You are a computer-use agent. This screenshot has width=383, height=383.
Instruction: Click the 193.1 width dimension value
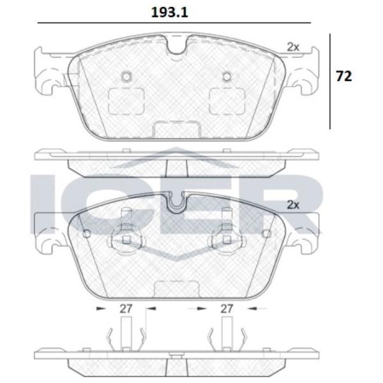pos(170,13)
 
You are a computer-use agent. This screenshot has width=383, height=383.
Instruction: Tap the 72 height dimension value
pos(344,76)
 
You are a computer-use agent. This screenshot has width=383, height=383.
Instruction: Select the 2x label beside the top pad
pos(293,47)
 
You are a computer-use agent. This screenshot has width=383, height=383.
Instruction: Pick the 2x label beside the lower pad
pos(293,205)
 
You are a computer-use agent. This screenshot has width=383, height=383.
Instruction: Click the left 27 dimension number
pos(126,309)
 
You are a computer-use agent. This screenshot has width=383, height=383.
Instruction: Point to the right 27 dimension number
pos(227,309)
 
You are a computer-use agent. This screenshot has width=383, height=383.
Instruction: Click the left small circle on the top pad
pos(126,77)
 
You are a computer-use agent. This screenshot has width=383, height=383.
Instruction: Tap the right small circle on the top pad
pos(227,77)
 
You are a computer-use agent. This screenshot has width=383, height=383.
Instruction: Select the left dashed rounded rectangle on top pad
pos(126,101)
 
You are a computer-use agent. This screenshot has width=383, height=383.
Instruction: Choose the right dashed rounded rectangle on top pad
pos(227,101)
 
